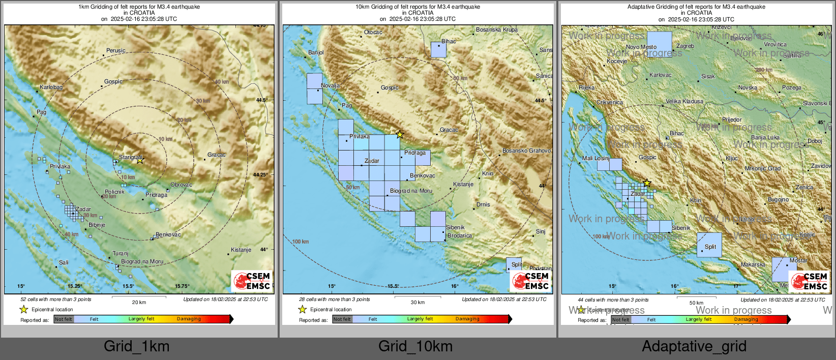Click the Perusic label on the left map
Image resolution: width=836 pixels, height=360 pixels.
pos(115,50)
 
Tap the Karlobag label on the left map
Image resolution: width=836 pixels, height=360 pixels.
pos(51,87)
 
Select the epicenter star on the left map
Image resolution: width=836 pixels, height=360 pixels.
pos(140,160)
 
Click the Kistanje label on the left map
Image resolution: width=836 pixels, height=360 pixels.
pos(241,250)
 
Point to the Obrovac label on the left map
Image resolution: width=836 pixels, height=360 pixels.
pos(181,185)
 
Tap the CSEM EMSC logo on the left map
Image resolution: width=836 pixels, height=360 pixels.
pos(252,281)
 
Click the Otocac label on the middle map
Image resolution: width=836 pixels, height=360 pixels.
pos(373,32)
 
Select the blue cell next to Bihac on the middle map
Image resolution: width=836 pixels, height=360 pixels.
pos(438,50)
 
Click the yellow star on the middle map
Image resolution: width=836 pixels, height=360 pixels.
pos(400,135)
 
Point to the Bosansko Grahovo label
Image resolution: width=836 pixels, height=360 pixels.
pos(526,151)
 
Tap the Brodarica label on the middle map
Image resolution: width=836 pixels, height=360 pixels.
pos(459,235)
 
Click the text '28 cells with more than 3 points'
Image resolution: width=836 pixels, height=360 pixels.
pos(324,299)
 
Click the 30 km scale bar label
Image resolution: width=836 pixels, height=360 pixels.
pos(417,303)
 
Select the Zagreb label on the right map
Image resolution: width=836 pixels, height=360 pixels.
pos(684,46)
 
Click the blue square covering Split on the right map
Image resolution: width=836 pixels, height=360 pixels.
pos(709,245)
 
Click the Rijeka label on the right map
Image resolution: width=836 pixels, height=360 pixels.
pos(586,87)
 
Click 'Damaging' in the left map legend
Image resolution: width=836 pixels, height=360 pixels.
pos(189,319)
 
